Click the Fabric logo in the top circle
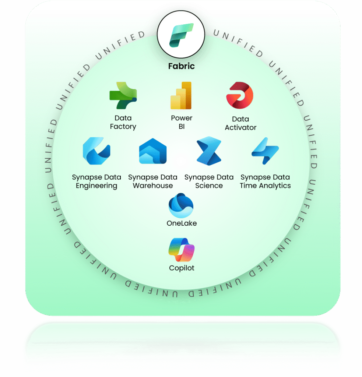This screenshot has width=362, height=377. pos(181,35)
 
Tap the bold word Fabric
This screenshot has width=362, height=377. pos(181,66)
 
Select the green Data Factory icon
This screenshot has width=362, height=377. pos(123,95)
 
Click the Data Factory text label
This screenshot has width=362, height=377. pos(123,122)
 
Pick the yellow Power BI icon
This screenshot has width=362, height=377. pos(181,96)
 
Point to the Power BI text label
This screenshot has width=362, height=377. pos(182,122)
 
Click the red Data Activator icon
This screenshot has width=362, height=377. pos(240,95)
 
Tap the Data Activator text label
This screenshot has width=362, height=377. pos(240,123)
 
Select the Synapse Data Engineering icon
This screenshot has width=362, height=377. pos(96,151)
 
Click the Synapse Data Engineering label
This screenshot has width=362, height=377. pos(96,182)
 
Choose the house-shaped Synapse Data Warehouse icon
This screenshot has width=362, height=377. pos(152,151)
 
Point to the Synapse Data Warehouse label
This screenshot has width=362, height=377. pos(152,182)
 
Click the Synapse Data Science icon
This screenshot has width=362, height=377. pos(209,151)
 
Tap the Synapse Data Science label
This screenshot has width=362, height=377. pos(209,182)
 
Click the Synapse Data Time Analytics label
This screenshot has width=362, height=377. pos(265,182)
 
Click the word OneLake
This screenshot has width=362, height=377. pos(182,223)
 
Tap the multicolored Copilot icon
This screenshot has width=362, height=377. pos(181,250)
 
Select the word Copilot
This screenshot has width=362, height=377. pos(182,268)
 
